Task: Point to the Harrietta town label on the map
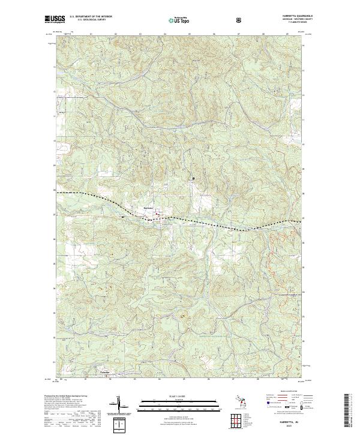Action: (x=149, y=208)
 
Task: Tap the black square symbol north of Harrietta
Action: (x=193, y=178)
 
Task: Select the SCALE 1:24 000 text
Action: (x=180, y=395)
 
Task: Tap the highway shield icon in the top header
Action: (x=240, y=20)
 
